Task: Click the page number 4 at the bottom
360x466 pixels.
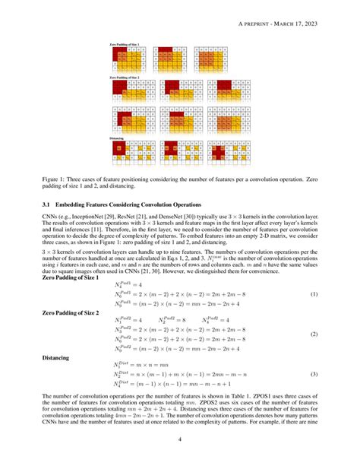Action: click(179, 439)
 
